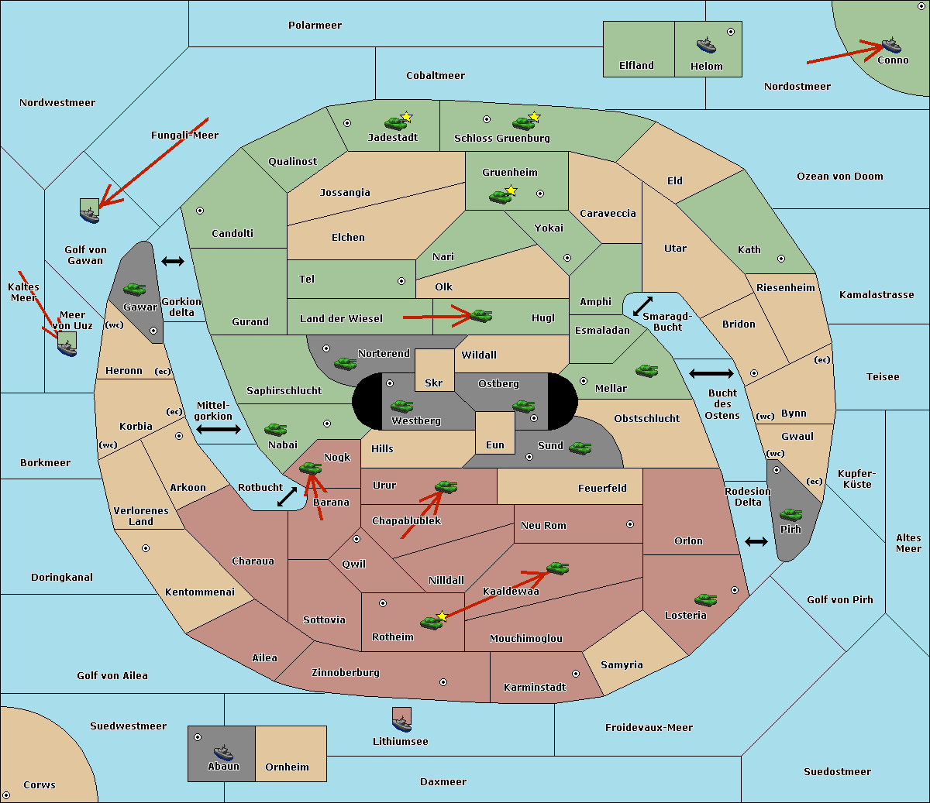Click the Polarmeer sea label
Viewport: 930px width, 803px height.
point(315,26)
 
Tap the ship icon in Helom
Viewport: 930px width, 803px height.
point(705,44)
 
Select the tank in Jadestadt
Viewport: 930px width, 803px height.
point(396,122)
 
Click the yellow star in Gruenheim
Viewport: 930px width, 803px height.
point(511,190)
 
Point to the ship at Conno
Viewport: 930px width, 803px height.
point(891,45)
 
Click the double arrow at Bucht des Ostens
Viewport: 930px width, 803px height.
point(711,374)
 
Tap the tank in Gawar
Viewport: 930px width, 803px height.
point(135,289)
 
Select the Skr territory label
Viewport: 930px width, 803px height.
point(434,383)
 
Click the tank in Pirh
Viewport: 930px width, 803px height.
point(790,515)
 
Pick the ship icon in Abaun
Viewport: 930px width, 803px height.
point(223,752)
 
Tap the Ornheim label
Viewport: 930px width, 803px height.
point(287,767)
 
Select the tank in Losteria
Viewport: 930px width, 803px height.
point(705,599)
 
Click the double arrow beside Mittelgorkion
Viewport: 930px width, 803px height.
point(219,429)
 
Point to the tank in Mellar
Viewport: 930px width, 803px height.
point(646,371)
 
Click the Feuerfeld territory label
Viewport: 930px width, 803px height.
point(602,488)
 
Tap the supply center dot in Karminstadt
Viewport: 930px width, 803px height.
point(575,674)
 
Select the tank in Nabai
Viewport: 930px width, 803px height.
point(275,429)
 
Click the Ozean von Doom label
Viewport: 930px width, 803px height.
point(839,176)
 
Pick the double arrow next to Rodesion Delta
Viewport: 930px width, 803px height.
point(756,541)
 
